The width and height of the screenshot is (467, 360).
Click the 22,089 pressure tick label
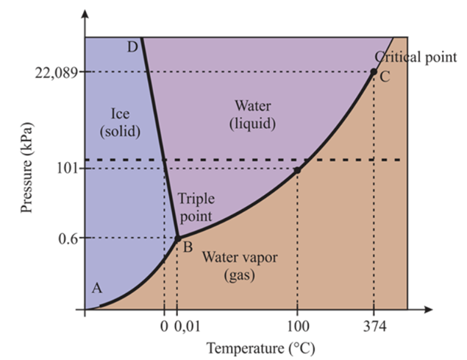[56, 72]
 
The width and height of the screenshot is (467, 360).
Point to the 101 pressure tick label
[68, 169]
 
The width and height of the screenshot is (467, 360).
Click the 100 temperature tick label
[297, 325]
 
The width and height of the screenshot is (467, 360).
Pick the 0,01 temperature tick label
[187, 325]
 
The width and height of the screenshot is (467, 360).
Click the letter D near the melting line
[132, 47]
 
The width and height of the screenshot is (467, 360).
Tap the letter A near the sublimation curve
[96, 289]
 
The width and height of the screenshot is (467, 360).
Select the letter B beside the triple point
[188, 247]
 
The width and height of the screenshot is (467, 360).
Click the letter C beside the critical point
[385, 76]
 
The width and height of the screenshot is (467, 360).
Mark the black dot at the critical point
[374, 71]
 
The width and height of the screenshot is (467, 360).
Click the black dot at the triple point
[177, 238]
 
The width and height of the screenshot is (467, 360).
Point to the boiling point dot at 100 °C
[297, 170]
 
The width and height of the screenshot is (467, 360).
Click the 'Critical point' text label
[416, 57]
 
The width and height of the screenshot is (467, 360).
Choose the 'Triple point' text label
[194, 207]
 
